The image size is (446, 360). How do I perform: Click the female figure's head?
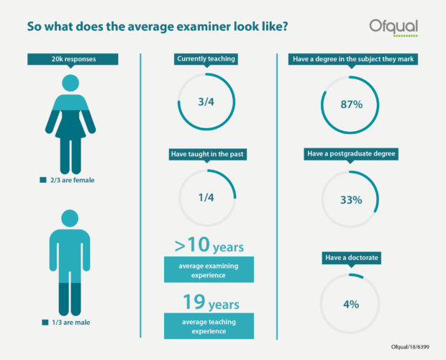coord(70,82)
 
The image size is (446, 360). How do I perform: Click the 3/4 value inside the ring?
coord(206,102)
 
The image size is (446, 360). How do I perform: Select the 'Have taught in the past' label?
coord(206,154)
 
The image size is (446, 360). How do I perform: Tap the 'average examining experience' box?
coord(206,271)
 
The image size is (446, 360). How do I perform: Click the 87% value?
coord(350,104)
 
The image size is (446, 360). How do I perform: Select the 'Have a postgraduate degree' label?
coord(350,154)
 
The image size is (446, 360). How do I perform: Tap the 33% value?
coord(350,200)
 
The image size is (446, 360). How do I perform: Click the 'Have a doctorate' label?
coord(350,257)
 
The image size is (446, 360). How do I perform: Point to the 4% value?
coord(350,304)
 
